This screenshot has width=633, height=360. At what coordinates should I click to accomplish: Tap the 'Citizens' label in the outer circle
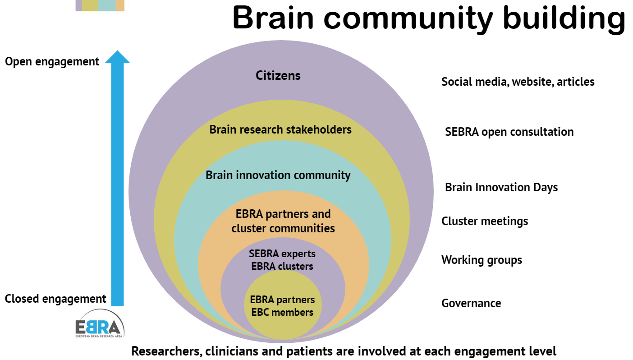coord(278,75)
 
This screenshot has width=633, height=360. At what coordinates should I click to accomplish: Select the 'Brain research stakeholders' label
coord(280,130)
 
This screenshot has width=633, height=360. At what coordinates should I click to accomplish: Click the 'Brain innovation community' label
coord(278,175)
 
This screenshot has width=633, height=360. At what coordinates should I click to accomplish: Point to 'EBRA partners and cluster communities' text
coord(283,221)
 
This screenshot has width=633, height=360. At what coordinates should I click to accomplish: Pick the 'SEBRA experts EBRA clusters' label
coord(282,260)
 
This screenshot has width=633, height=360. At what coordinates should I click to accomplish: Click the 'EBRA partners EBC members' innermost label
coord(282,306)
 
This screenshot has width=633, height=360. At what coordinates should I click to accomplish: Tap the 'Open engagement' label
coord(52,61)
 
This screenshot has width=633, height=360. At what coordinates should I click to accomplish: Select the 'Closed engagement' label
coord(55,299)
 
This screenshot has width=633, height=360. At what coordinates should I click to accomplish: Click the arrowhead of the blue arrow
coord(117,57)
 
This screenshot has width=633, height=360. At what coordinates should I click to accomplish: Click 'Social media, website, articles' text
coord(518,82)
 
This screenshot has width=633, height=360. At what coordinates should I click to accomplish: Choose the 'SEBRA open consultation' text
coord(509,132)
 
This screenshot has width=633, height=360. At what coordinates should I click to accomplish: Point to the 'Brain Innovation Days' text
coord(501,187)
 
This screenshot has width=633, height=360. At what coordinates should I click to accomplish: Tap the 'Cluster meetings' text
coord(485,222)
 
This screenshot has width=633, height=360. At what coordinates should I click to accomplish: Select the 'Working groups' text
coord(482,260)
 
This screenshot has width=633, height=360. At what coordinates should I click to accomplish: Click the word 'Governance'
coord(471,303)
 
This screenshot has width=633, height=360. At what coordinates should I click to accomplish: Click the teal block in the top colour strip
coord(107,5)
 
